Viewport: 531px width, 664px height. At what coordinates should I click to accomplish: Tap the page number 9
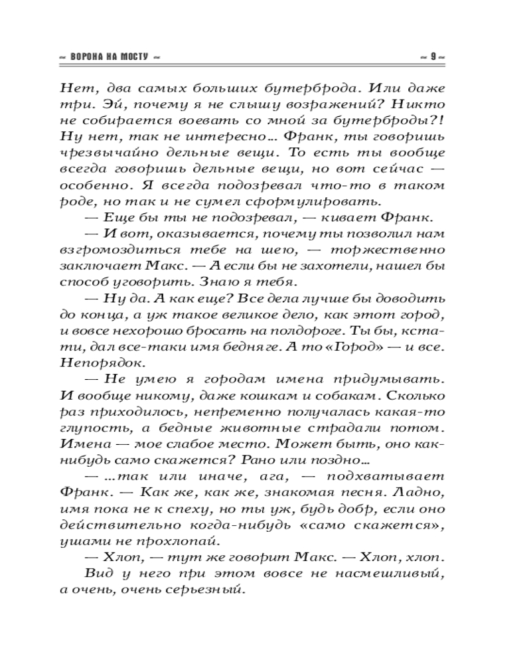(x=432, y=57)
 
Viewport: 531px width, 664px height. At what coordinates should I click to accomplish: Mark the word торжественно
(x=396, y=249)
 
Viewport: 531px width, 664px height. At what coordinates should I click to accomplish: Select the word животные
(x=261, y=427)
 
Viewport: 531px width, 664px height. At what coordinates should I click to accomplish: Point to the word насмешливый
(x=387, y=572)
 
